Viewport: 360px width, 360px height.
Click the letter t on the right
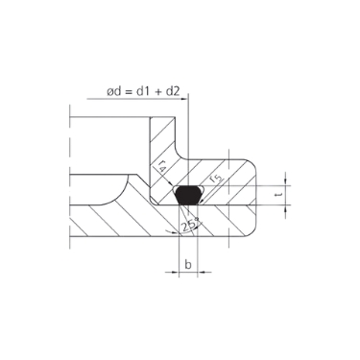(278, 194)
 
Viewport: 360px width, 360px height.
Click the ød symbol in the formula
(114, 92)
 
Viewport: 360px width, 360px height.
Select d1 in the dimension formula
(146, 92)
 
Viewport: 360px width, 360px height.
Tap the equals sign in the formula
(130, 92)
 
